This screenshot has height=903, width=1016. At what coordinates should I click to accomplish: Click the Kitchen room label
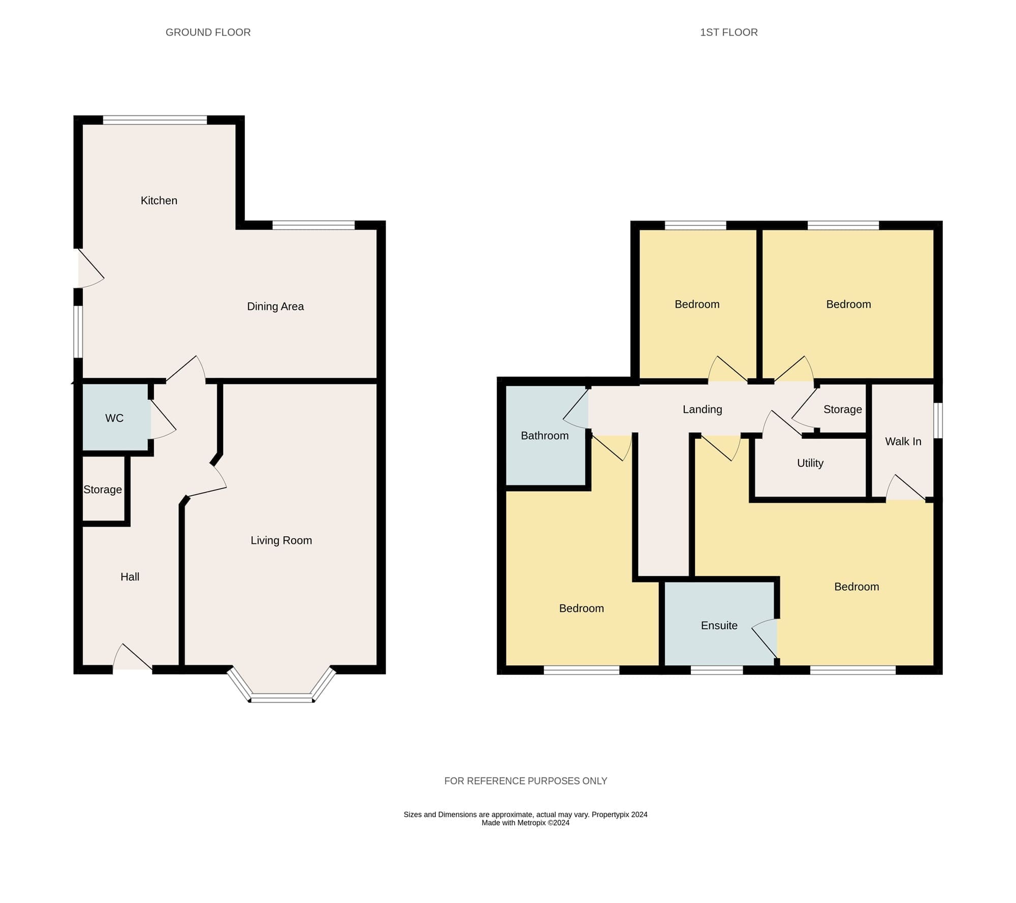pyautogui.click(x=159, y=201)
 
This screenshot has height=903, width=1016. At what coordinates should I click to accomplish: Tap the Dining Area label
pyautogui.click(x=275, y=306)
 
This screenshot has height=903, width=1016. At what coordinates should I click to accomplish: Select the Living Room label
pyautogui.click(x=281, y=540)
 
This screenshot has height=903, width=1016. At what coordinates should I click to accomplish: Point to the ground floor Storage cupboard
pyautogui.click(x=103, y=489)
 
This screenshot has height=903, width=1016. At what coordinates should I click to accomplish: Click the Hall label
pyautogui.click(x=130, y=577)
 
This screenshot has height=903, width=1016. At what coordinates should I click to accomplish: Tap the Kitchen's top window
pyautogui.click(x=155, y=120)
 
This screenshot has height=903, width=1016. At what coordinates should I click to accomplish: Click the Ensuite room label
pyautogui.click(x=719, y=626)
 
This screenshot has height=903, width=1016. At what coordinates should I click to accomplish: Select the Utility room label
pyautogui.click(x=810, y=463)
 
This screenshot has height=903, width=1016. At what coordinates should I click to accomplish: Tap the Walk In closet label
pyautogui.click(x=903, y=442)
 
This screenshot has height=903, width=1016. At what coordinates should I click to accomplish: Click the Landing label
pyautogui.click(x=702, y=409)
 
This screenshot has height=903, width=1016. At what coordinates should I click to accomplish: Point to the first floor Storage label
pyautogui.click(x=842, y=409)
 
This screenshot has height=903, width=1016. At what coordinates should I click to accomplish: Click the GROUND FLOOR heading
pyautogui.click(x=208, y=33)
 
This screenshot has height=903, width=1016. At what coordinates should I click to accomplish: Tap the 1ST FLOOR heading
pyautogui.click(x=728, y=33)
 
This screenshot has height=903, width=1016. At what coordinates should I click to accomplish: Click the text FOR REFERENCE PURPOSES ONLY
pyautogui.click(x=526, y=781)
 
